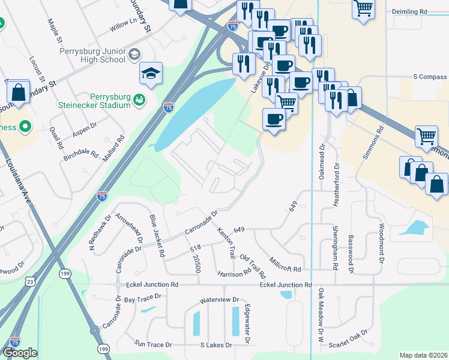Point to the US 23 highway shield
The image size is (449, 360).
(x=31, y=280)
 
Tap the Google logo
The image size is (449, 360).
(x=20, y=353)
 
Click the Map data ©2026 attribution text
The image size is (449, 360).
(x=423, y=355)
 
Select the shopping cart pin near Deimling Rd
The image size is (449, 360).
(x=364, y=8)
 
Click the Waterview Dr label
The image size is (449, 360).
(x=219, y=299)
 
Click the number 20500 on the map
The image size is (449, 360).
(x=196, y=262)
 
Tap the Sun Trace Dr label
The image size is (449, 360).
(x=152, y=344)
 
